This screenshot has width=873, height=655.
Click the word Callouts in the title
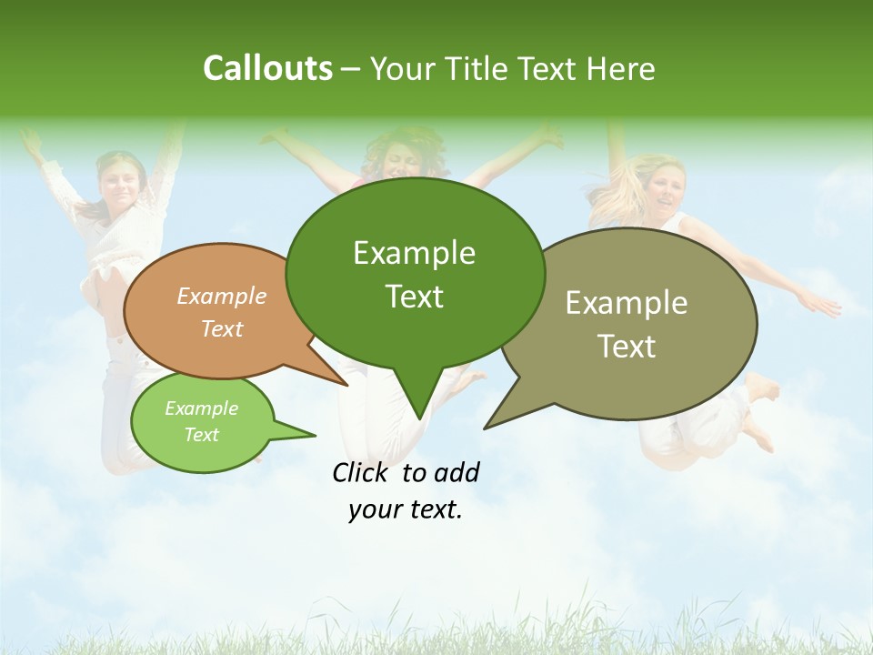[267, 68]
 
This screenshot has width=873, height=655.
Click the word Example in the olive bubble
[627, 303]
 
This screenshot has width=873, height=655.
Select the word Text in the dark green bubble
[415, 297]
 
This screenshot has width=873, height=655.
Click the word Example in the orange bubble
[222, 296]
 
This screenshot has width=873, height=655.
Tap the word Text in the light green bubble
[202, 435]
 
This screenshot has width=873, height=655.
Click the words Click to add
[406, 472]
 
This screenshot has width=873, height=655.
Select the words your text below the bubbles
[406, 509]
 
